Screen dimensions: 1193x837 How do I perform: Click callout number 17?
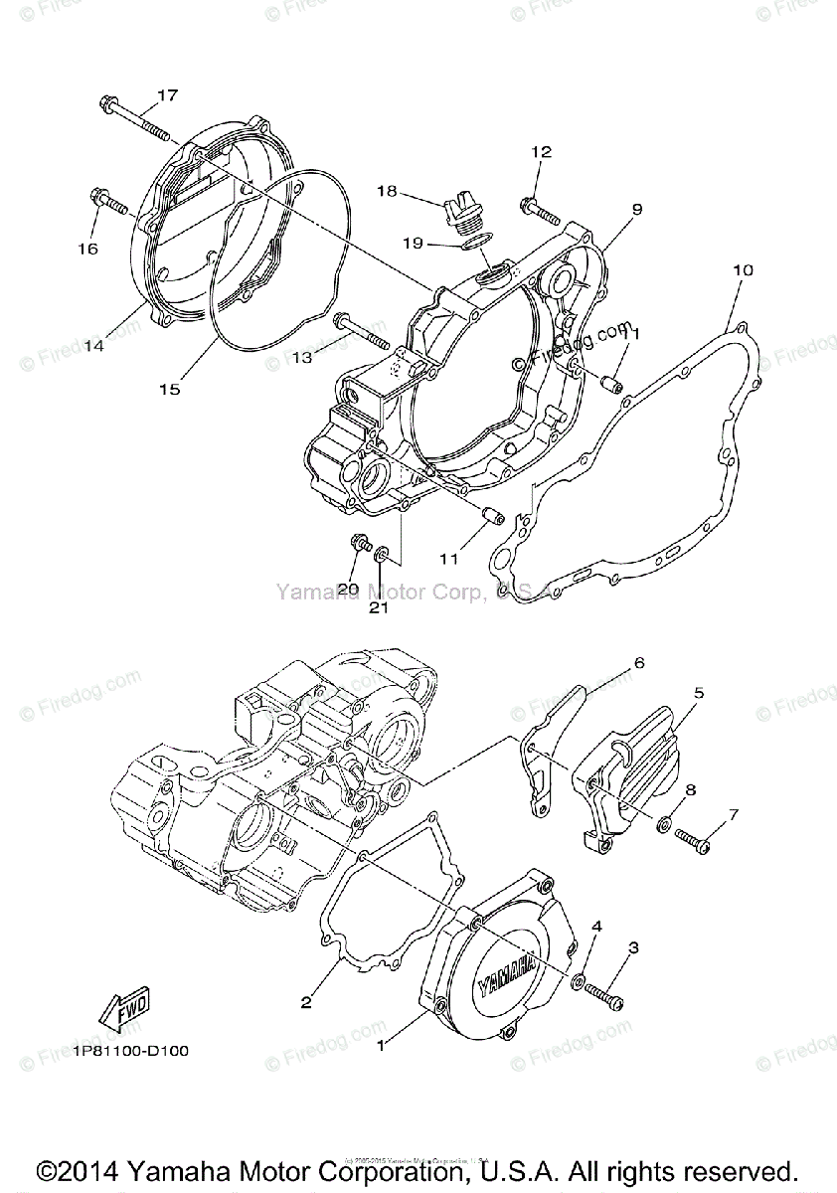point(167,95)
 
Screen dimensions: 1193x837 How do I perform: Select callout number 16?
point(88,249)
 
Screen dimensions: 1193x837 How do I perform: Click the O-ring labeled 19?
point(477,243)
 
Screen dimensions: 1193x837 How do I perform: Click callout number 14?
point(93,346)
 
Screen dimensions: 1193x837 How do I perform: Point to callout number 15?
point(170,390)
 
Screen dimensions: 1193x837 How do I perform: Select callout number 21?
point(379,608)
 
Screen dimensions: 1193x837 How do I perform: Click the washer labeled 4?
point(579,981)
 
